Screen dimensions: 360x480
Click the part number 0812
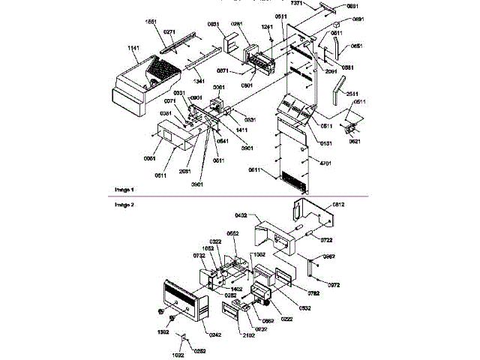tap(339, 204)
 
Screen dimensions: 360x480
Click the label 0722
tap(327, 240)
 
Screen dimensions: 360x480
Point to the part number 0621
tap(355, 141)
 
